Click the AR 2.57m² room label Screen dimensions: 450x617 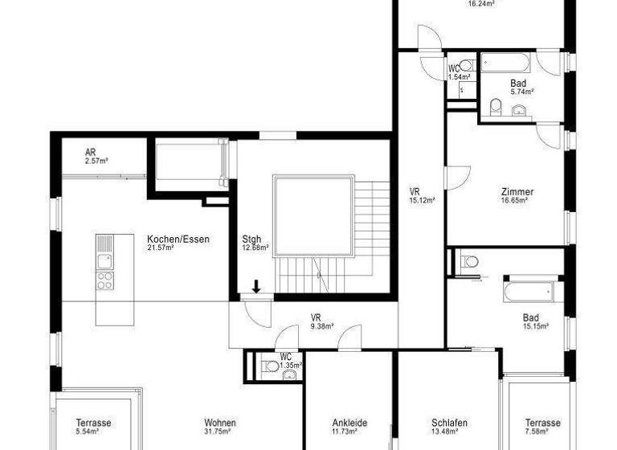coord(96,156)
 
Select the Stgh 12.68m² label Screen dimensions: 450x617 coord(255,243)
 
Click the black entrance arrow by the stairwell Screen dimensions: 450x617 coord(256,287)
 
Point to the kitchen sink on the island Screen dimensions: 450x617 coord(105,260)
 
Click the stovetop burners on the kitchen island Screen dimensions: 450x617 coord(105,280)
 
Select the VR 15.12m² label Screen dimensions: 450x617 coord(421,195)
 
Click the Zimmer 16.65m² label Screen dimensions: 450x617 coord(517,196)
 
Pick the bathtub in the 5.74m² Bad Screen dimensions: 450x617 coord(505,63)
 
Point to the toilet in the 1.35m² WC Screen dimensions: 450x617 coord(272,366)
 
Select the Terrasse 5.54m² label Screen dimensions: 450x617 coord(93,427)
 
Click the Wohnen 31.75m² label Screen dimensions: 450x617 coord(219,427)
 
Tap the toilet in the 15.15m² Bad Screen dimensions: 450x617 coord(470,260)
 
